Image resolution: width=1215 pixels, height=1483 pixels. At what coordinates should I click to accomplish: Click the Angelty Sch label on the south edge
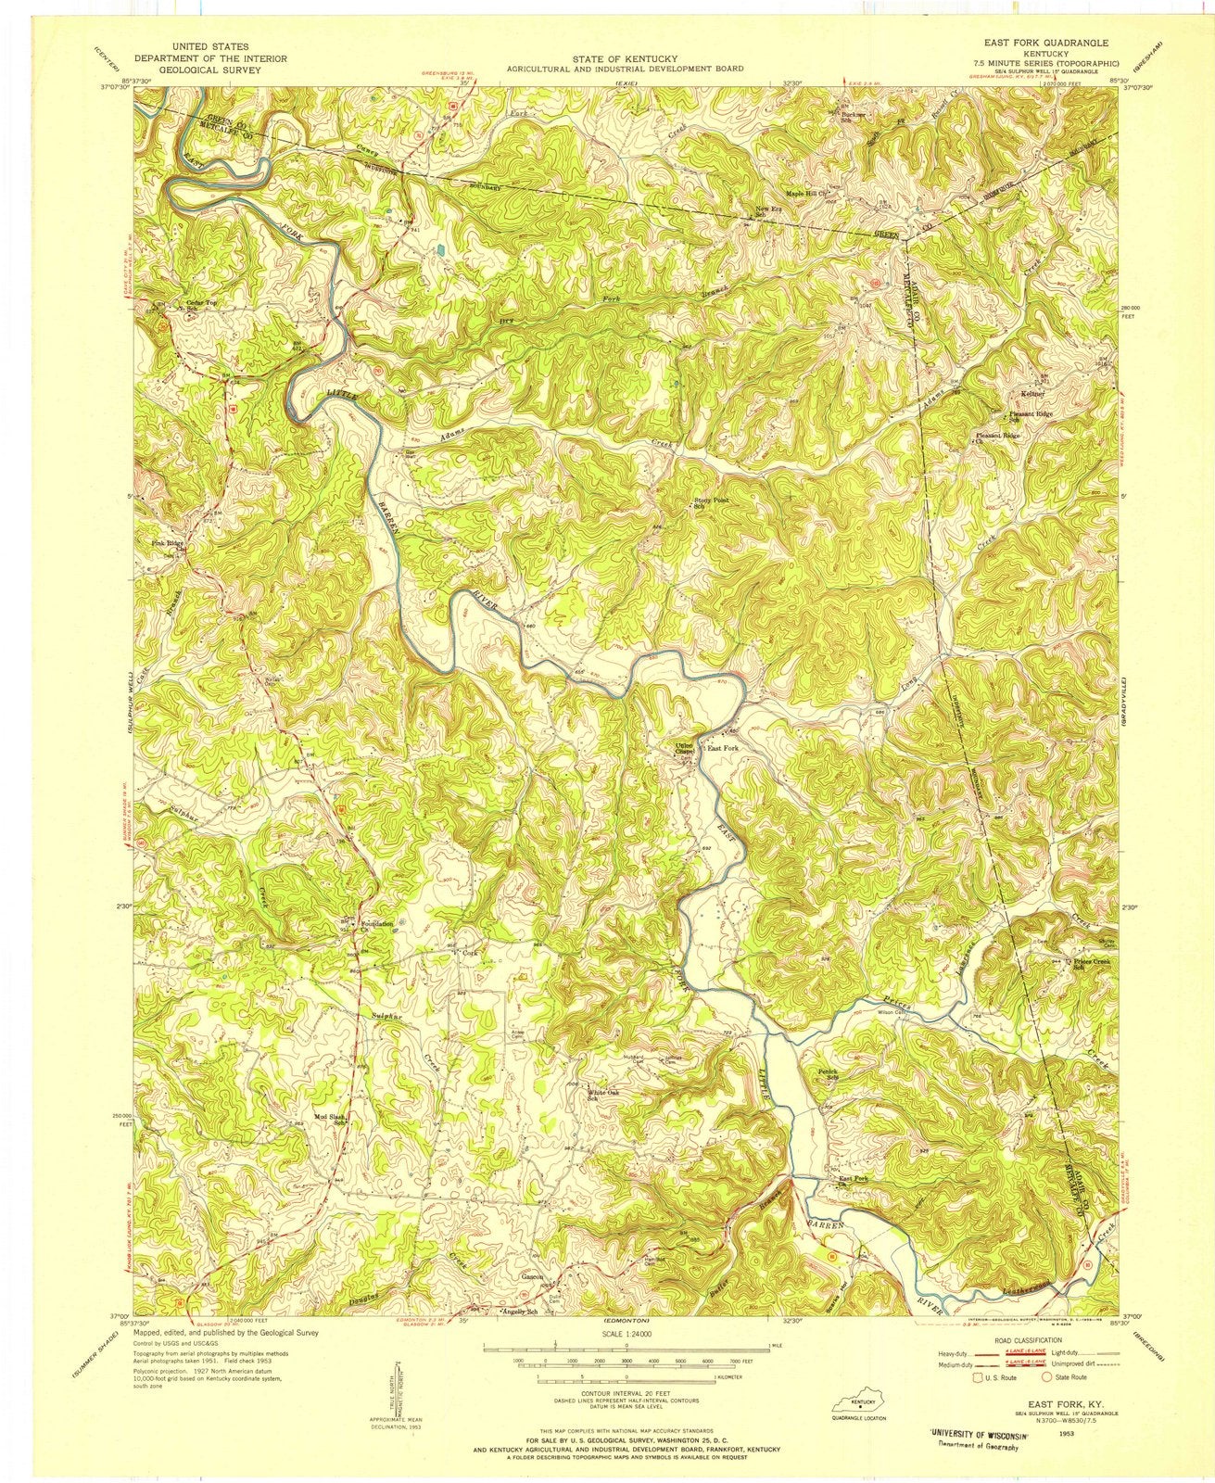point(519,1312)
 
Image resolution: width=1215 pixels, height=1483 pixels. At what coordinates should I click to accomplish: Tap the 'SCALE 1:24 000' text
point(616,1331)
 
